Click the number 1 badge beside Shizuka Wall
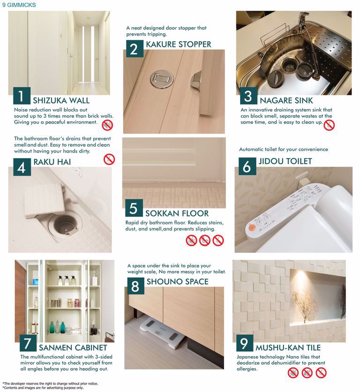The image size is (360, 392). pyautogui.click(x=22, y=96)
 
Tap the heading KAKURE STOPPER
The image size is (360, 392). pyautogui.click(x=179, y=44)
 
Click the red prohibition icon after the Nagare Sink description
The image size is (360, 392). pyautogui.click(x=329, y=125)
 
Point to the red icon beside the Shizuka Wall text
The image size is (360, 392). pyautogui.click(x=107, y=125)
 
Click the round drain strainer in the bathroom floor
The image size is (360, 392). pyautogui.click(x=66, y=223)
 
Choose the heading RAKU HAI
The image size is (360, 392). pyautogui.click(x=52, y=162)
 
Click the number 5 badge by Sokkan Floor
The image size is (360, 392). pyautogui.click(x=134, y=208)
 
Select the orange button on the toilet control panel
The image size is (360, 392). pyautogui.click(x=252, y=228)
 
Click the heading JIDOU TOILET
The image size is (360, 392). pyautogui.click(x=285, y=161)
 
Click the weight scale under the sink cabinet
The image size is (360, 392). pyautogui.click(x=163, y=333)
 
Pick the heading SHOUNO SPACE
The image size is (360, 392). pyautogui.click(x=177, y=281)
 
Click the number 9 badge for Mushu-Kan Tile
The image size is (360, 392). pyautogui.click(x=245, y=343)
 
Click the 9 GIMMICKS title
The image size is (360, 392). pyautogui.click(x=19, y=5)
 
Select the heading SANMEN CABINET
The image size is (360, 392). pyautogui.click(x=73, y=348)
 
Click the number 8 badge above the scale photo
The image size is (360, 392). pyautogui.click(x=135, y=286)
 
